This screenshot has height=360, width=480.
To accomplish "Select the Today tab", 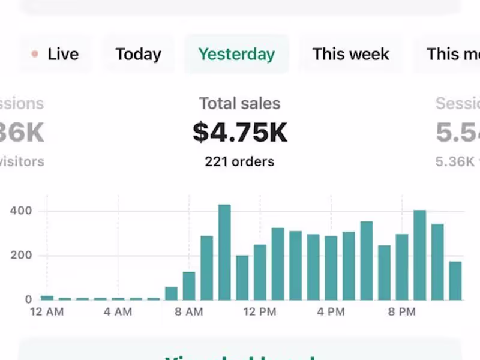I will [139, 54].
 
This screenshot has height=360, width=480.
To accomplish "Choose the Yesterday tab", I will [236, 54].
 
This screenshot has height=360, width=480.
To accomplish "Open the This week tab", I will [350, 54].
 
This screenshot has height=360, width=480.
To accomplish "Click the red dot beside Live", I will [35, 54].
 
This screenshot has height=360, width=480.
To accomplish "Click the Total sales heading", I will [240, 103].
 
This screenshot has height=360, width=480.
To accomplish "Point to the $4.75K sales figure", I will [240, 133].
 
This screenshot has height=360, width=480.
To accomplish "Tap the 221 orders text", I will [239, 161].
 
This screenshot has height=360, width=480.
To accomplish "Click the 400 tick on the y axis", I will [20, 211].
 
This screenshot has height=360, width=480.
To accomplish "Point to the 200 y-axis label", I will [20, 256].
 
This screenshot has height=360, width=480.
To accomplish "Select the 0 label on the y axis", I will [28, 299].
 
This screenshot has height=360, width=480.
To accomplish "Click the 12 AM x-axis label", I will [46, 312].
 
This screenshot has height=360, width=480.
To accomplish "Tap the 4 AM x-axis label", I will [118, 312].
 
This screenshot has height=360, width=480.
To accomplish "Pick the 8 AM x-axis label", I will [189, 312].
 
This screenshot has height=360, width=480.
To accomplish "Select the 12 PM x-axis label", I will [260, 312].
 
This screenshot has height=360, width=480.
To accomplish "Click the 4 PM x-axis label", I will [331, 312].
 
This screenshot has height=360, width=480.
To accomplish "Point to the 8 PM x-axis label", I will [401, 312].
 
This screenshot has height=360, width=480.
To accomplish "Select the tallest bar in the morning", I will [224, 252].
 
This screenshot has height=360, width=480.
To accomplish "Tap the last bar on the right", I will [455, 280].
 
